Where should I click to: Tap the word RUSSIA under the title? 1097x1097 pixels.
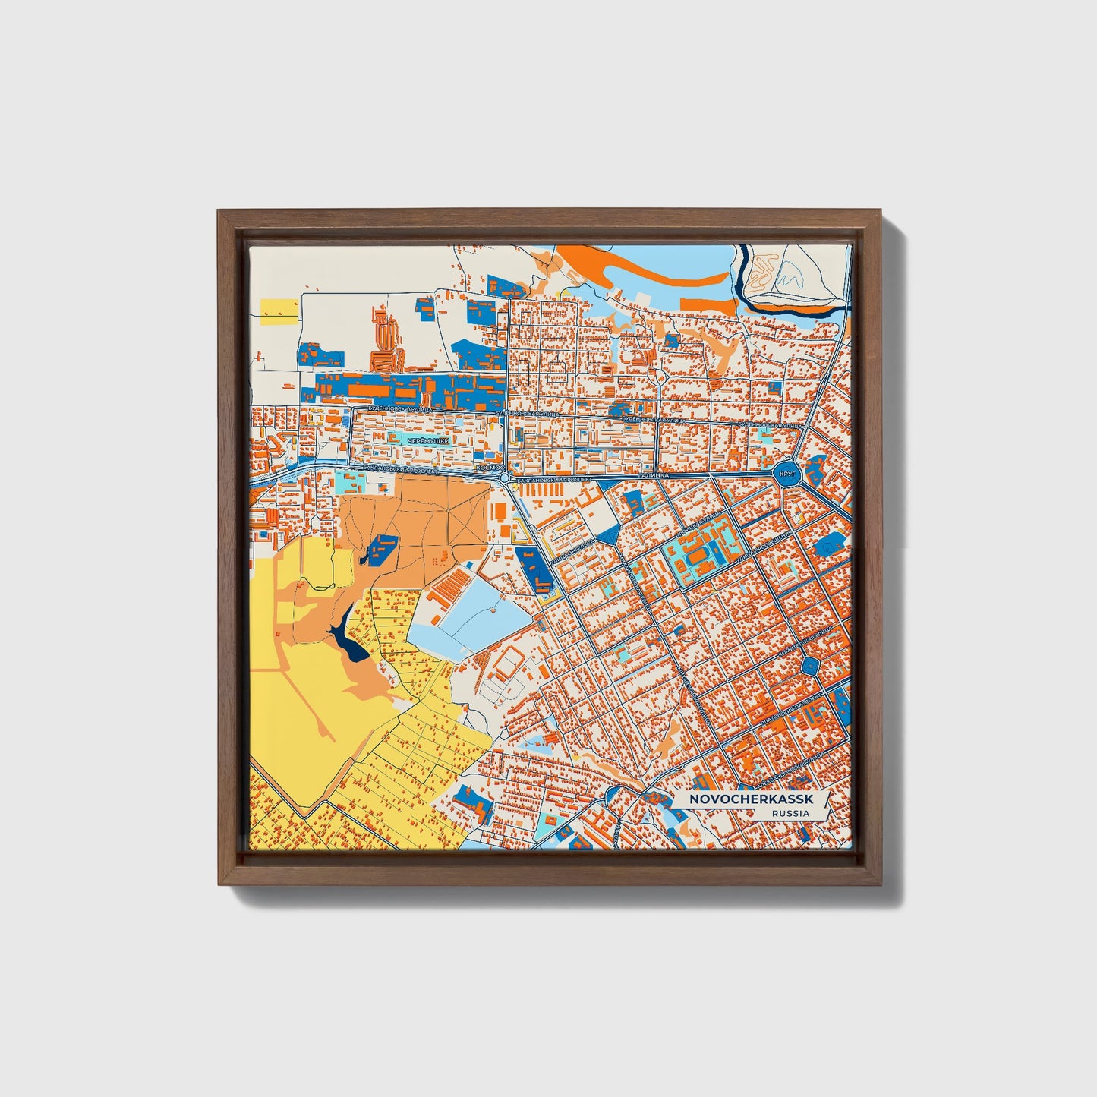click(790, 814)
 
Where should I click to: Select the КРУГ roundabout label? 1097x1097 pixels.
click(786, 474)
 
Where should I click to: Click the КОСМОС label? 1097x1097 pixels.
click(486, 469)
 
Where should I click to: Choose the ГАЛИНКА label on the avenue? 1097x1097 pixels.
click(652, 475)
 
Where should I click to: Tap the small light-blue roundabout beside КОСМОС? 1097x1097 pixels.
click(505, 478)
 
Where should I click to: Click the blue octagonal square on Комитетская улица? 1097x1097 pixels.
click(811, 667)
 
